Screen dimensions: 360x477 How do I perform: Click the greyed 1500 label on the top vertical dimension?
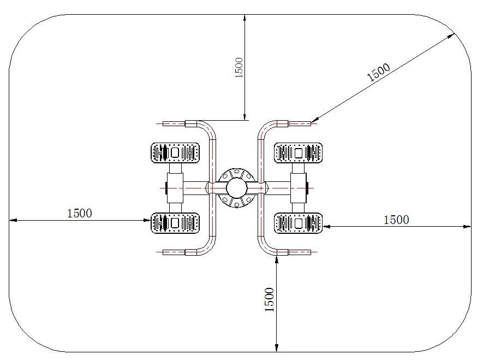point(239,67)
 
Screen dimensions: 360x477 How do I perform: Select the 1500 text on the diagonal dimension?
point(378,72)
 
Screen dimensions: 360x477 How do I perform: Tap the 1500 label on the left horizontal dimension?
point(80,213)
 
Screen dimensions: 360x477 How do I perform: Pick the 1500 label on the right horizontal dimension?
point(396,220)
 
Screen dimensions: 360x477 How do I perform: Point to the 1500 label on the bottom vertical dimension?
point(270,299)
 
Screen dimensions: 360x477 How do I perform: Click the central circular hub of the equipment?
point(236,187)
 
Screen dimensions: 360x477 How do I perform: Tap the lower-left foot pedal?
point(175,223)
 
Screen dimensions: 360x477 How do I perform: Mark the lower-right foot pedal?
point(298,223)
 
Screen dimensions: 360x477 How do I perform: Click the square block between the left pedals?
point(175,187)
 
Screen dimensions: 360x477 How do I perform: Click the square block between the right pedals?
point(299,187)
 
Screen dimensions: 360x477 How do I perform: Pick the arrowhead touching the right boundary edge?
point(467,226)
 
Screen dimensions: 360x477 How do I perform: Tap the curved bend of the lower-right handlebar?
point(264,246)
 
